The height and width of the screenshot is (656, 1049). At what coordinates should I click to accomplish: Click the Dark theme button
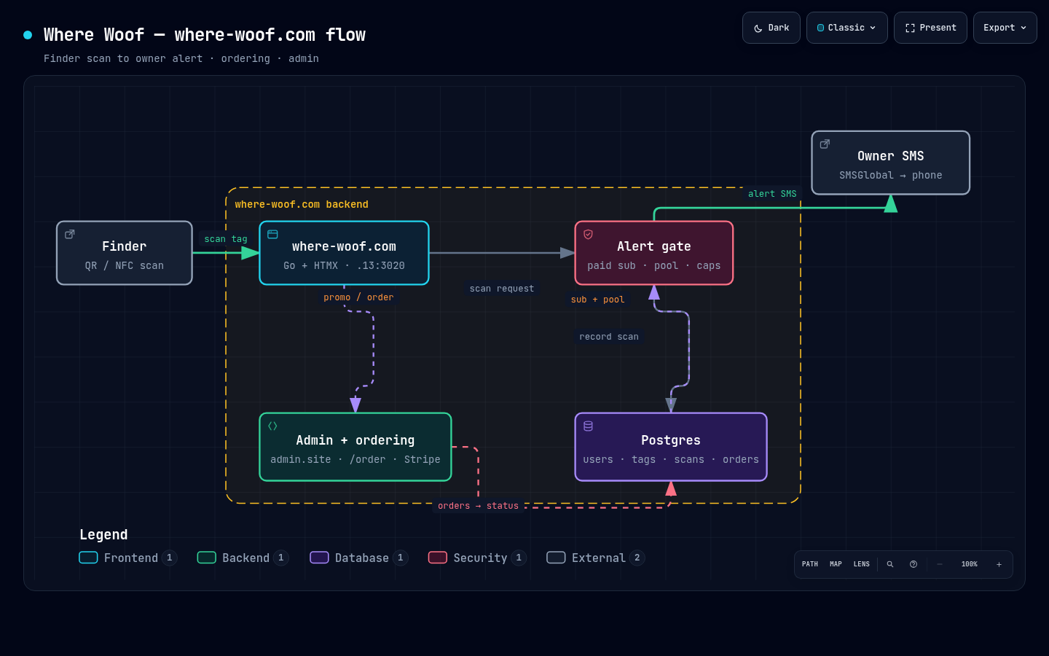point(771,28)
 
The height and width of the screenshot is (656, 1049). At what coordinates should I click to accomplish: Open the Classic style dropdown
point(846,28)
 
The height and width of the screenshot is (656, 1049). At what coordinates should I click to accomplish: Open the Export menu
point(1005,28)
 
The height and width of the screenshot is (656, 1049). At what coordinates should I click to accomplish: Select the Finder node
point(125,253)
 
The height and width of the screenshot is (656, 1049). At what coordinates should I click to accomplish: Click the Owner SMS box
point(890,163)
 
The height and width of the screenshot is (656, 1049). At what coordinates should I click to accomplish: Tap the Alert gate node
point(653,253)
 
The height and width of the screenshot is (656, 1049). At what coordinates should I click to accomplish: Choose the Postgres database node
point(671,447)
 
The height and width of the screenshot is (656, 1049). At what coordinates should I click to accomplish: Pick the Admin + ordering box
point(355,447)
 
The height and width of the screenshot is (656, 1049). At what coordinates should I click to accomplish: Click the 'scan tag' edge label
point(226,239)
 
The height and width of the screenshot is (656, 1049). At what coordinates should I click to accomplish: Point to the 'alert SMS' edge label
point(771,194)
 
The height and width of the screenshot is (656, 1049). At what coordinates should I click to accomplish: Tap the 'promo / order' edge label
point(358,297)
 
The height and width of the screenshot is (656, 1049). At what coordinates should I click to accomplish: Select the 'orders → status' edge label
point(478,506)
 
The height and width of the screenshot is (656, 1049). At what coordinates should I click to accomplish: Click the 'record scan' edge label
point(609,337)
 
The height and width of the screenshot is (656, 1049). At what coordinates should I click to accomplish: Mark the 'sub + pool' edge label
point(597,300)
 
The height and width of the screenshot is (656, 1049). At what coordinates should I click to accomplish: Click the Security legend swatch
point(437,558)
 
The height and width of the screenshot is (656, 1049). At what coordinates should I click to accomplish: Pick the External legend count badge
point(637,558)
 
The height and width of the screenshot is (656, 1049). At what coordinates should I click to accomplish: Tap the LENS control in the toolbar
point(861,564)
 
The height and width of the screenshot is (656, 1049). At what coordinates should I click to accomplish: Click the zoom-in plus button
point(999,564)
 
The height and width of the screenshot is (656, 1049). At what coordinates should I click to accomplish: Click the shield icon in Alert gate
point(588,234)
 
